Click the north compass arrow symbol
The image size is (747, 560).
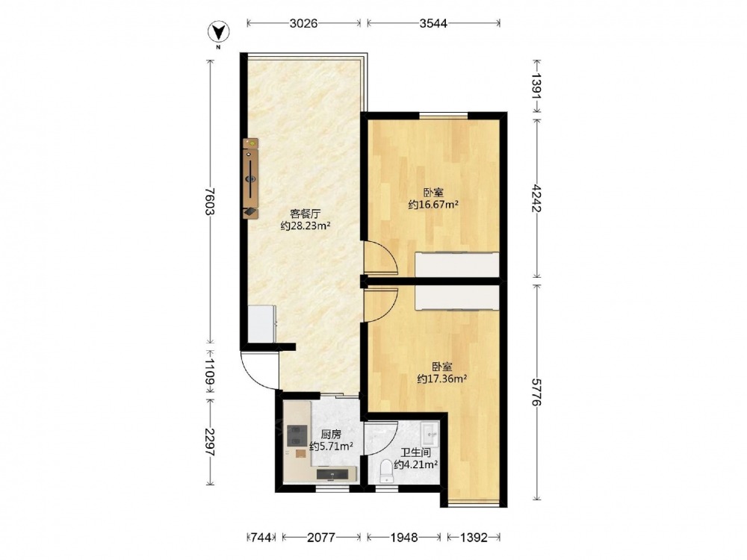point(219,31)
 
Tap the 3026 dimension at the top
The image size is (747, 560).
point(303,23)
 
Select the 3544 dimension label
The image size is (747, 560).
point(433,23)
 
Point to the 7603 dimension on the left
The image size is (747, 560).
point(209,202)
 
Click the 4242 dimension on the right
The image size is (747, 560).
point(537,198)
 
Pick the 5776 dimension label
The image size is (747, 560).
point(537,393)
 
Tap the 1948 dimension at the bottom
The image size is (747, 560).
point(404,538)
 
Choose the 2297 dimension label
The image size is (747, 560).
point(209,442)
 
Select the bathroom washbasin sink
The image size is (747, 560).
point(432,432)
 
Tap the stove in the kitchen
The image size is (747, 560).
point(297,435)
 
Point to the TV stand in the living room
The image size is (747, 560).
point(250,178)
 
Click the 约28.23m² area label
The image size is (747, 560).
point(306,225)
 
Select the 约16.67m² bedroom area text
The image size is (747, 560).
point(433,205)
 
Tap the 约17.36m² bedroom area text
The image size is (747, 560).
point(441,379)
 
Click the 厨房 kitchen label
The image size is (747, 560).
point(331,435)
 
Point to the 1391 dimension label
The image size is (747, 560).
point(537,86)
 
